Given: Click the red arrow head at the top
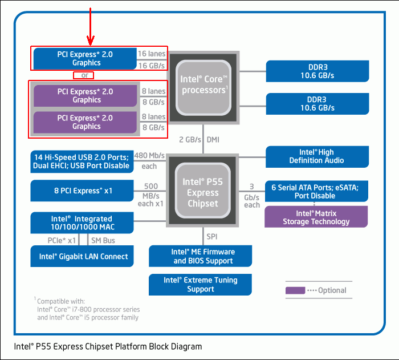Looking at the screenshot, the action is tap(90, 41).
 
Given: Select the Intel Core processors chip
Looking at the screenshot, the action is tap(203, 88).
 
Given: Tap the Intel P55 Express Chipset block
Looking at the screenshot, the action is tap(202, 191).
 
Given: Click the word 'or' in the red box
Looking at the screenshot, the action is tap(85, 75).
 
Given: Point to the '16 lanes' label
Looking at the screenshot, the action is tap(152, 54).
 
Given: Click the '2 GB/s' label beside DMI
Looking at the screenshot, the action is tap(190, 140).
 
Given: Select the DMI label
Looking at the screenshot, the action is tap(213, 140).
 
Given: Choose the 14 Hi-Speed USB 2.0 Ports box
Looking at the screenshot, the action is tap(82, 161).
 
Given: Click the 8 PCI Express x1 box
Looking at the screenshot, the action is tap(82, 191).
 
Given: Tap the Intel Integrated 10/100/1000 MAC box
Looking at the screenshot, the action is tap(82, 223).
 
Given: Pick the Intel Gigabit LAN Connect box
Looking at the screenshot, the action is tap(82, 256).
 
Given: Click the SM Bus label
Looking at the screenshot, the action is tap(103, 240).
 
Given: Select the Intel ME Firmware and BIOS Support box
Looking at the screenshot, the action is tap(200, 256).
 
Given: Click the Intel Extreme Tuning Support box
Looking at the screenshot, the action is tap(200, 285).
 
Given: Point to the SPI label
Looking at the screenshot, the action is tap(212, 237).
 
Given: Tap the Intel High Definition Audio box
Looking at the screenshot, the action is tap(317, 157).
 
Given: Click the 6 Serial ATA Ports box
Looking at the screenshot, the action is tap(316, 191).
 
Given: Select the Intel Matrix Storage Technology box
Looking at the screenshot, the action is tap(316, 217).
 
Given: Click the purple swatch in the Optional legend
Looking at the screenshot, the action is tap(295, 290).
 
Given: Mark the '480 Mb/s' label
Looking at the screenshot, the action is tap(149, 155).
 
